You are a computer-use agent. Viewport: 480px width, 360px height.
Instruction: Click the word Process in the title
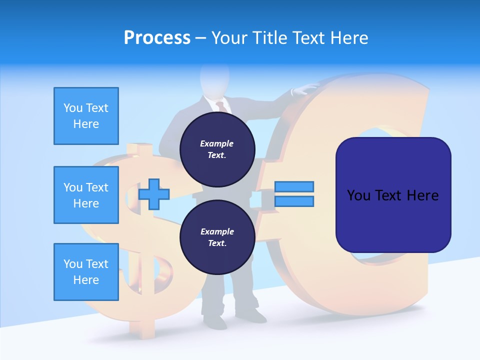pos(157,38)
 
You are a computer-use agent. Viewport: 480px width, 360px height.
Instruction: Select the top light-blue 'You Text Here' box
pos(86,116)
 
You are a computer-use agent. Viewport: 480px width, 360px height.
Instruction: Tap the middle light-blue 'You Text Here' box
pos(86,195)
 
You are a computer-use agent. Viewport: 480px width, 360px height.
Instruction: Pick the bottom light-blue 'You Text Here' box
pos(86,272)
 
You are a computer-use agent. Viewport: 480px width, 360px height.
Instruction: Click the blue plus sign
pos(154,194)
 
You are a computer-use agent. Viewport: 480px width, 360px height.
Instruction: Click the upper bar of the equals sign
pos(294,186)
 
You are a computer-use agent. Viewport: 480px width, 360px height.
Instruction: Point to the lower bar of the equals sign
pos(294,201)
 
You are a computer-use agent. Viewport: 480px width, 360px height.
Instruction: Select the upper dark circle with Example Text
pos(217,149)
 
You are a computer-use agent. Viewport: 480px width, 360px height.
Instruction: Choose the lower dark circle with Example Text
pos(217,237)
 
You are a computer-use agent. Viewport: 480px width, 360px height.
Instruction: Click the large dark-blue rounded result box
pos(393,195)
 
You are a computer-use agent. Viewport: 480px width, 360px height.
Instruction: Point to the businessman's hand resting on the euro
pos(306,89)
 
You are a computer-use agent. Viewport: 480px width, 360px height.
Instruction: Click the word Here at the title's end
pos(349,38)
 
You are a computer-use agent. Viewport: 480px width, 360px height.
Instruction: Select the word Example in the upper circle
pos(217,143)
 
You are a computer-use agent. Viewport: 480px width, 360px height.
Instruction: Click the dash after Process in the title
pos(201,38)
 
